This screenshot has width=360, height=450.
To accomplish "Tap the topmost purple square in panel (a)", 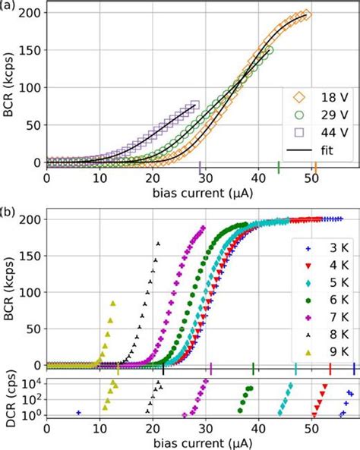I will tap(194, 105).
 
